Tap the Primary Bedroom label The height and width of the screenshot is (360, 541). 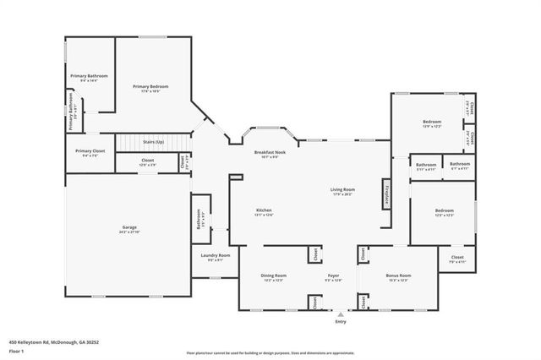coord(151,86)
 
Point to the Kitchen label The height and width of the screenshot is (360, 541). coord(264,210)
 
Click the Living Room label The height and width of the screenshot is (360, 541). coord(342,189)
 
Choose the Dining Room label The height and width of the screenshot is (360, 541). coord(273,275)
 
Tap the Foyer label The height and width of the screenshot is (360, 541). coord(333,275)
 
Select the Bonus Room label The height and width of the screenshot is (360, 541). coord(397,275)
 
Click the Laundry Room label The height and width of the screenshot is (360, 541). coord(216,254)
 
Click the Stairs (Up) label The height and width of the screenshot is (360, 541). coord(153,142)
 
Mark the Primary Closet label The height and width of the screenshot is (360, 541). coord(89,150)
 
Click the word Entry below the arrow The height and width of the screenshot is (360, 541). coord(340,322)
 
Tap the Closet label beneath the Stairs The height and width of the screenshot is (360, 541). coord(147,161)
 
